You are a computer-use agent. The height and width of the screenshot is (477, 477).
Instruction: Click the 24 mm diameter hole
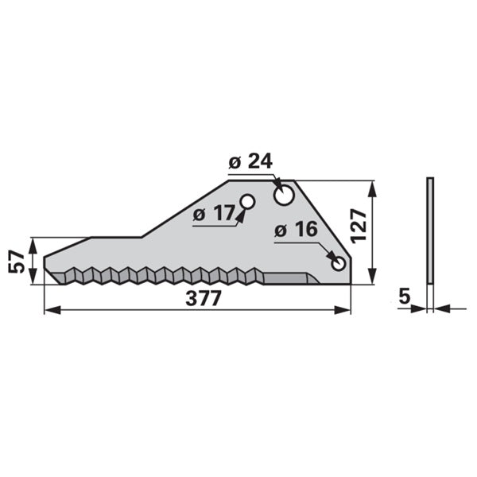284,195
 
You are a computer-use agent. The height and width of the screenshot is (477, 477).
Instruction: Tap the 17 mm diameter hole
247,201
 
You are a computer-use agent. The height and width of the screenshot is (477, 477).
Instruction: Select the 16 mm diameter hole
339,263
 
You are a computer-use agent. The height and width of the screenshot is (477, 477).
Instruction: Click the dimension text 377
203,298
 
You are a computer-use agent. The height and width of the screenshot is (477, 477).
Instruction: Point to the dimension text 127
359,226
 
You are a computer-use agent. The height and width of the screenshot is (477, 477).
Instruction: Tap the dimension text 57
16,262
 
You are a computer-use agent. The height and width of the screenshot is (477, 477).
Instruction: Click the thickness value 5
405,296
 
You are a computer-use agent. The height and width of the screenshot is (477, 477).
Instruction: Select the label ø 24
250,161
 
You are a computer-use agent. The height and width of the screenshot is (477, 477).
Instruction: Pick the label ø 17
214,212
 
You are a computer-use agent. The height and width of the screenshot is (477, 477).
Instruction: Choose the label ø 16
296,230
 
